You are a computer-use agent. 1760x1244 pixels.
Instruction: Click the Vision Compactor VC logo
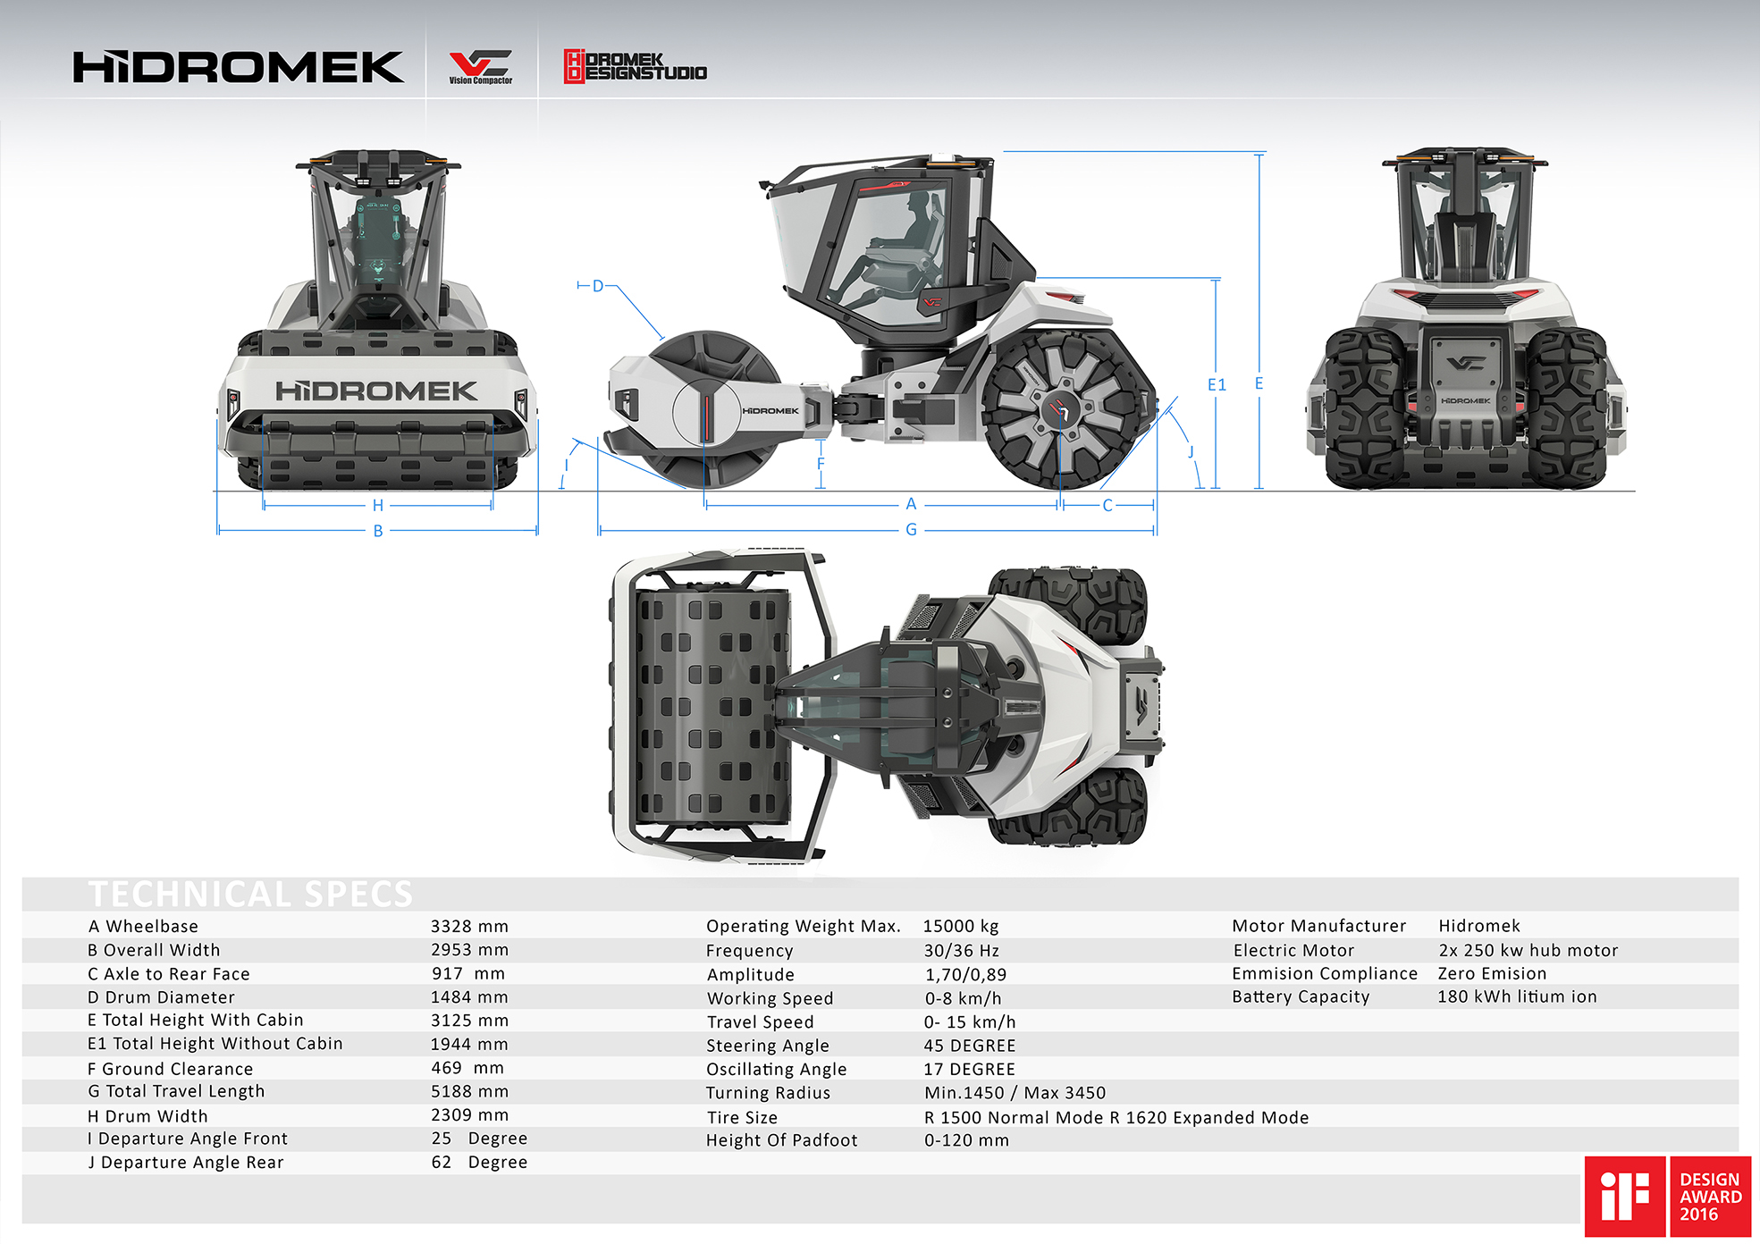(x=480, y=67)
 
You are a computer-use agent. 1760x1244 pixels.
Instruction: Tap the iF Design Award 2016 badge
(x=1667, y=1196)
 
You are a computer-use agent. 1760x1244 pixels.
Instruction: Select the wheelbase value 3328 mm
(x=469, y=927)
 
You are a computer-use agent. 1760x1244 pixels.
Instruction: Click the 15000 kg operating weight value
(x=961, y=927)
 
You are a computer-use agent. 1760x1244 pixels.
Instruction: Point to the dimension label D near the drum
(x=598, y=286)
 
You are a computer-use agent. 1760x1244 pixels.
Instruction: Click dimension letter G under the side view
(x=911, y=530)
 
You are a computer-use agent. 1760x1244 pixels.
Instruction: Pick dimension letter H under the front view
(x=378, y=506)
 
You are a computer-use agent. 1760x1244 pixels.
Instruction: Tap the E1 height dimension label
(x=1217, y=385)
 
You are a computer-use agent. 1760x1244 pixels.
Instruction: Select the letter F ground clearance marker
(x=821, y=464)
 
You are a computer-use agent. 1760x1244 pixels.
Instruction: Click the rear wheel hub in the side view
(x=1061, y=409)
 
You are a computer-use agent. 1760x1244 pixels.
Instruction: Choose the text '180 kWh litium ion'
(x=1517, y=996)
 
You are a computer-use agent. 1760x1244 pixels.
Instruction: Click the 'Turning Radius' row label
(x=768, y=1093)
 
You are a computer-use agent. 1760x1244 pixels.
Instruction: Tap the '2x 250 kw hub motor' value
(x=1528, y=951)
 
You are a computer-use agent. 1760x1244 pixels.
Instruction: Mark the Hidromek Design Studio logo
(x=635, y=67)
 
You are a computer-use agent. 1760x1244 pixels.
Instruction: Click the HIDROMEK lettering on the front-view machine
(x=376, y=391)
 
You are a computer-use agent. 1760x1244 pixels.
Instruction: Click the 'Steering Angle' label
(x=768, y=1046)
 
